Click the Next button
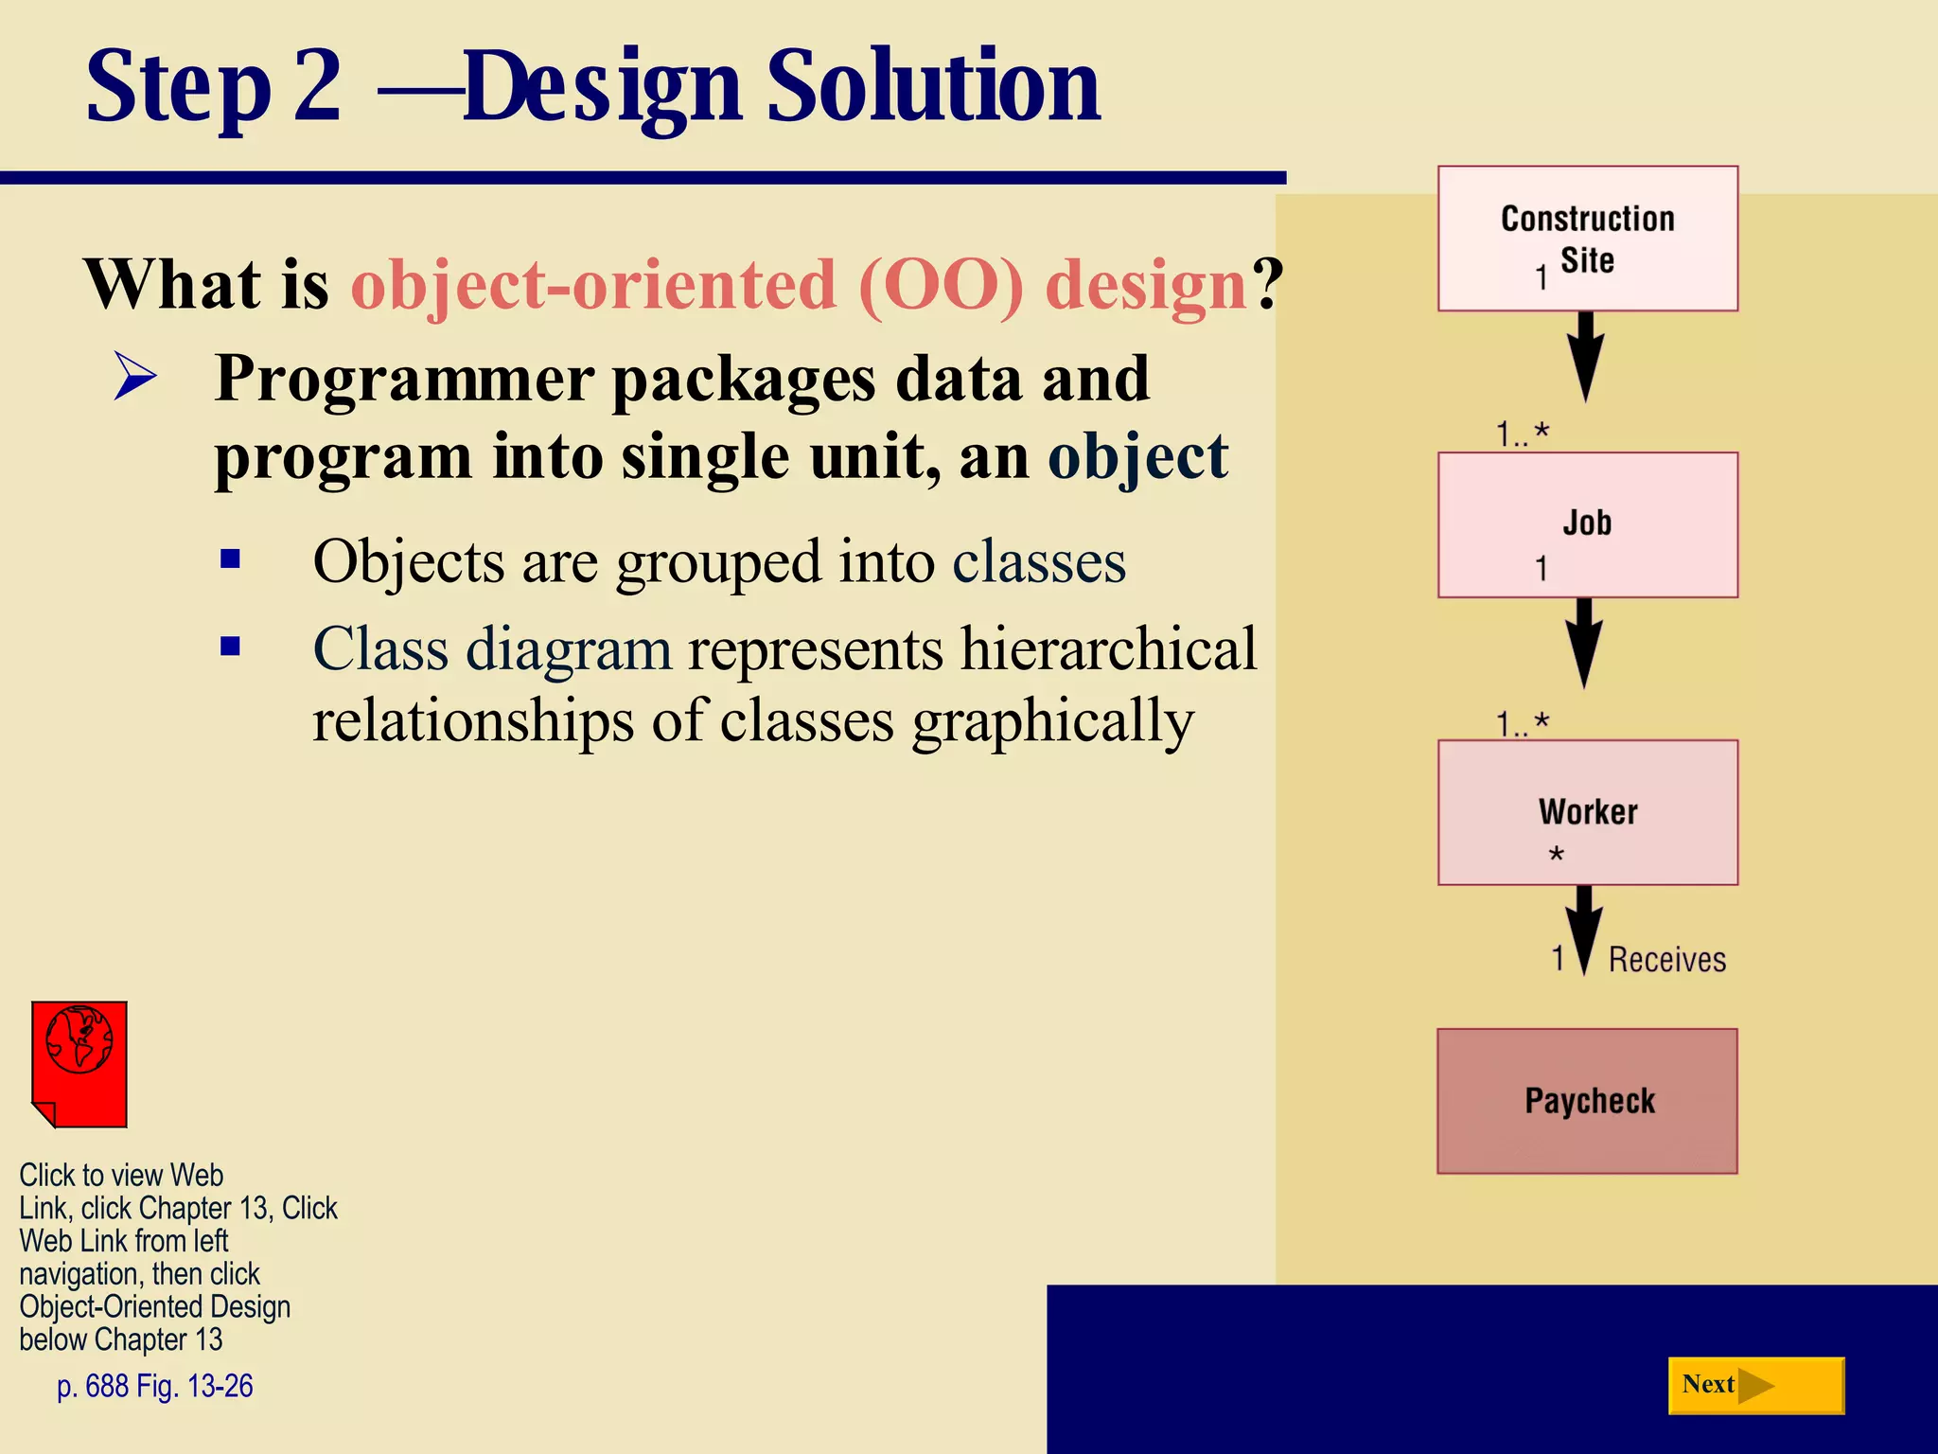(x=1754, y=1385)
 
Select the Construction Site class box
(x=1587, y=239)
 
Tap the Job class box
(x=1587, y=524)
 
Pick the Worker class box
(x=1587, y=812)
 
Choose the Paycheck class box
(x=1587, y=1101)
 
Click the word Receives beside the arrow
(x=1666, y=960)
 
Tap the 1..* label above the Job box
(x=1522, y=434)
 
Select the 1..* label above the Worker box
(x=1522, y=724)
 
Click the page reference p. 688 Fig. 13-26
(x=154, y=1386)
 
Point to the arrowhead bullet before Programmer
(x=134, y=376)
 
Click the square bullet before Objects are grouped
(x=230, y=559)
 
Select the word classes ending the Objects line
(x=1038, y=562)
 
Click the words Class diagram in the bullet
(x=492, y=650)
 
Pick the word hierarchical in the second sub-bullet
(x=1108, y=650)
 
